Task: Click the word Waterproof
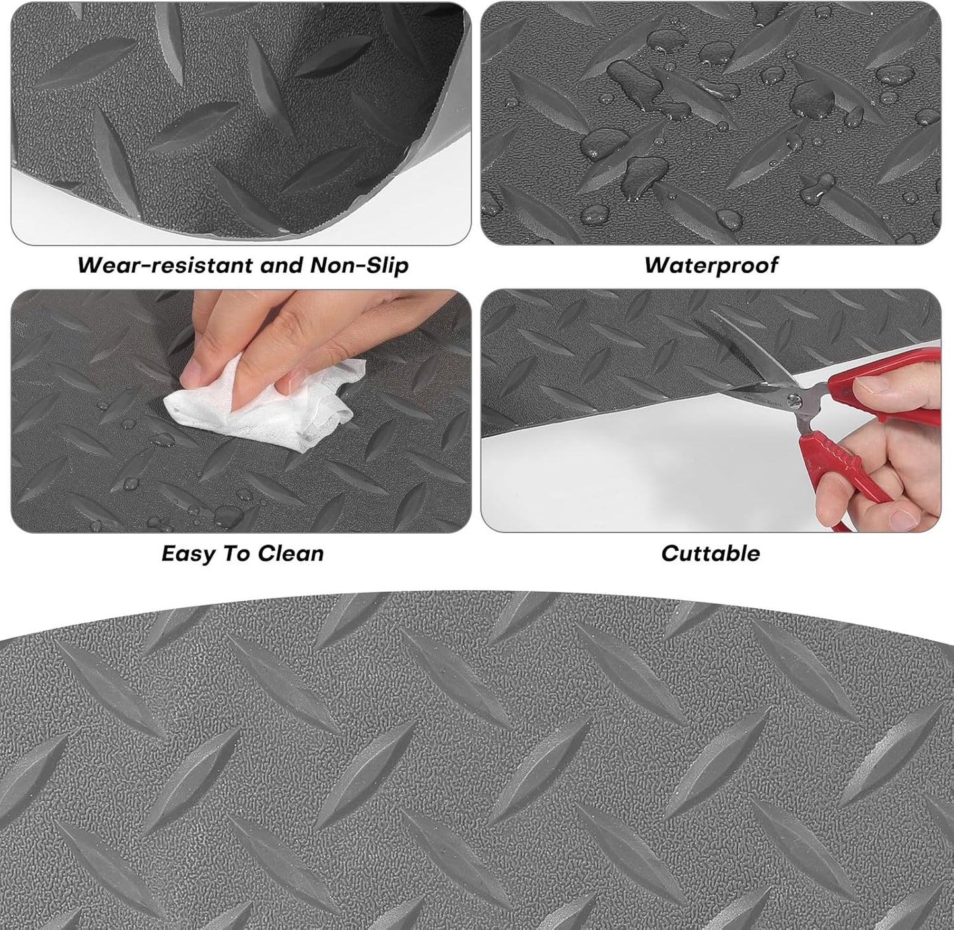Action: (711, 266)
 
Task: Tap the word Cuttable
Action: (710, 554)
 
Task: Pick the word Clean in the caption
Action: (290, 554)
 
